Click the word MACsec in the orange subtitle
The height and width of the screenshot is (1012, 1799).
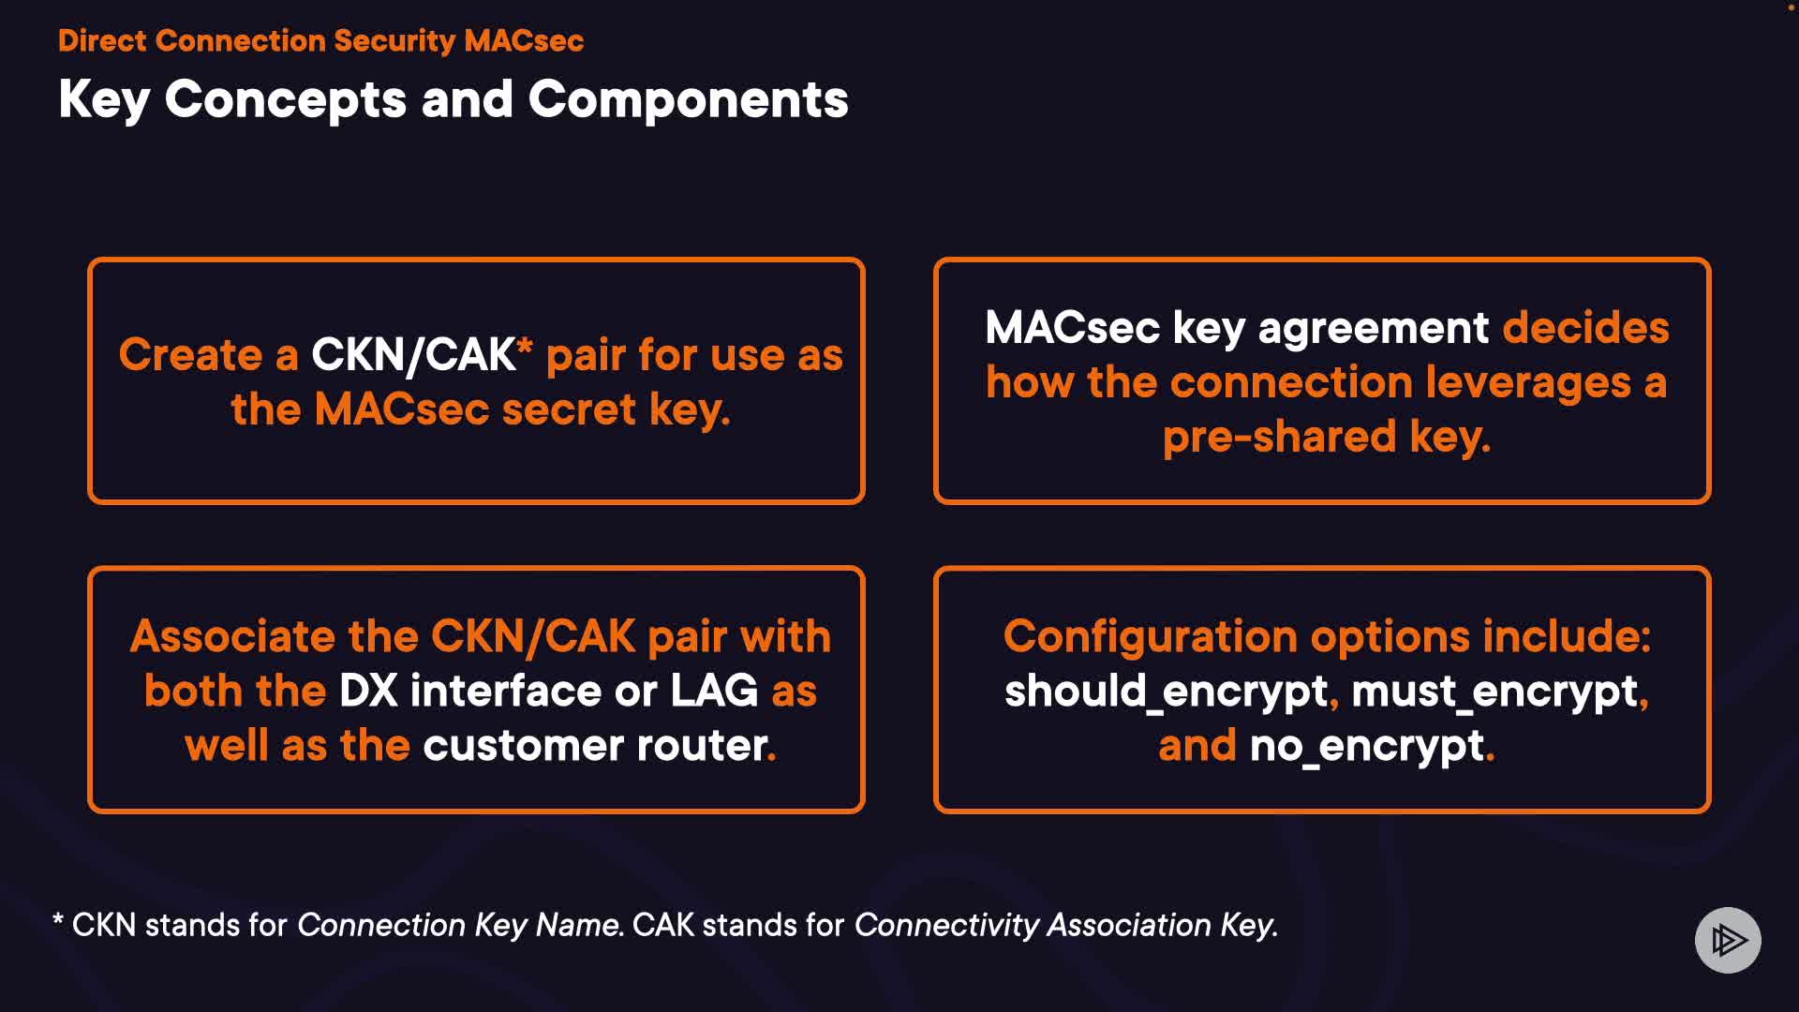524,40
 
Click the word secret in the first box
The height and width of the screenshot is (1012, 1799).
570,409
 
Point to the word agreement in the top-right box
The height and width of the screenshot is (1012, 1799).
1374,329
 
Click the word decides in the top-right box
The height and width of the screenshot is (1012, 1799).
1586,327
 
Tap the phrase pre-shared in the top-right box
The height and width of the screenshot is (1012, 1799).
1279,437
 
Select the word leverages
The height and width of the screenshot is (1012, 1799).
1528,383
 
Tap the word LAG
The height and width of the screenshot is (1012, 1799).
714,691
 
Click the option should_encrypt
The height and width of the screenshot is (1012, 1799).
1167,692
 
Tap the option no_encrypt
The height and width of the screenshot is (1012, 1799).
1367,747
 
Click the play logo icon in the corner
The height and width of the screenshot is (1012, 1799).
1728,940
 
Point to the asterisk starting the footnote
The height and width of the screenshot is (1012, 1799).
58,920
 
